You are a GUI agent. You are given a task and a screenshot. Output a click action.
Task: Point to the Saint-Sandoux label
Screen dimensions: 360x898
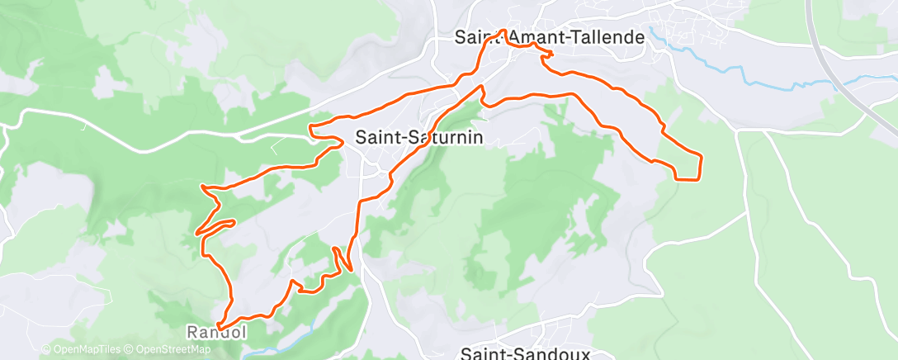[x=525, y=353]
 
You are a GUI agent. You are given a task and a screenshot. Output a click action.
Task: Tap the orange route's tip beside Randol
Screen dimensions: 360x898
[x=219, y=326]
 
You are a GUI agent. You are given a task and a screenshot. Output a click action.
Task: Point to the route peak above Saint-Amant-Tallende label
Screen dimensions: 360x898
[x=504, y=31]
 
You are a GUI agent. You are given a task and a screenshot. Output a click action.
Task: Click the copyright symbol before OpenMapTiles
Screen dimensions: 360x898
[x=46, y=350]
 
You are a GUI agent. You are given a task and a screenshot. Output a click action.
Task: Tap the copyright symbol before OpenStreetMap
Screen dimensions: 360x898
[x=130, y=350]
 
